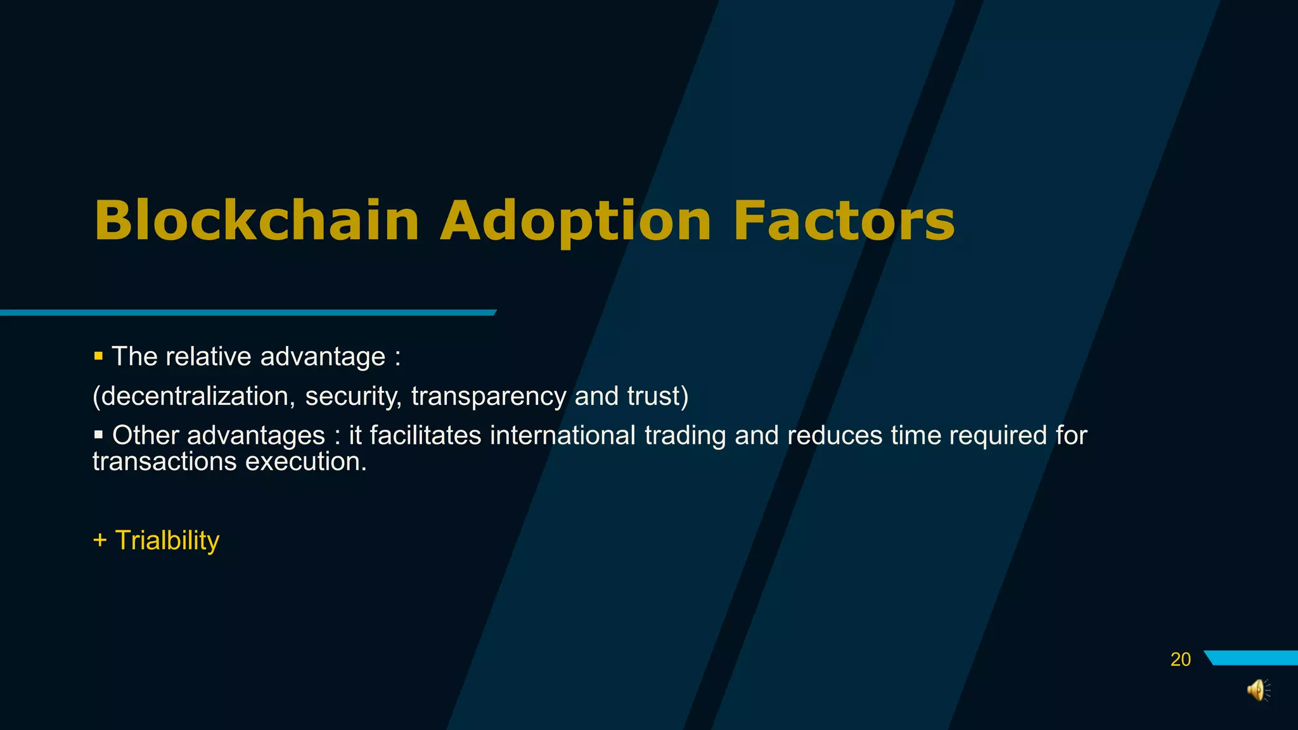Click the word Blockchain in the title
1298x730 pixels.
(257, 221)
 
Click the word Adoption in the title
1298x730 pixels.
(575, 221)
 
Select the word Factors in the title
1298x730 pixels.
(844, 221)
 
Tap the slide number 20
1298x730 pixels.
(1180, 660)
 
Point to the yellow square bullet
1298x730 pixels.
(98, 357)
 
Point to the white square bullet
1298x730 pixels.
(98, 435)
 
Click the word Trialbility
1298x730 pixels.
(167, 541)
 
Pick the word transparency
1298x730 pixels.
(488, 396)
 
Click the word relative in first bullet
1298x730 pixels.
(209, 357)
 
